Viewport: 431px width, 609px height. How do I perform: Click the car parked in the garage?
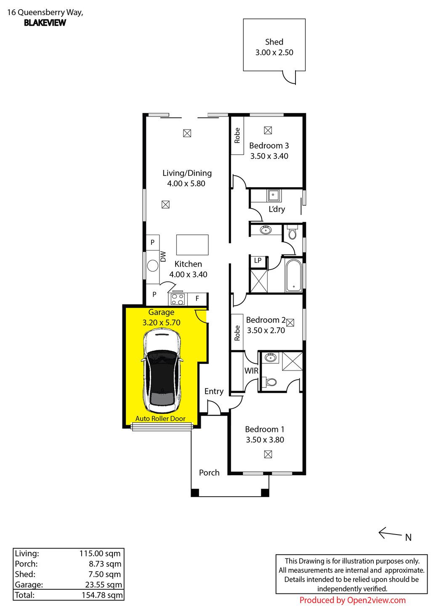[162, 371]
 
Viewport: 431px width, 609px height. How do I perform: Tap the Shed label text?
[274, 42]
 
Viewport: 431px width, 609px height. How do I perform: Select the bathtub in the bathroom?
[294, 275]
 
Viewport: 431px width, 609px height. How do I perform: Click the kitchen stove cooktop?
[177, 299]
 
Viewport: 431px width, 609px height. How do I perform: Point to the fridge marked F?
[197, 299]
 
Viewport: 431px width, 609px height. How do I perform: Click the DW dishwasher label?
[163, 257]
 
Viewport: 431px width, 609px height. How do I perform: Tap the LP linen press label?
[258, 260]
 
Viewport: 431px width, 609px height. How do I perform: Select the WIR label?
[251, 371]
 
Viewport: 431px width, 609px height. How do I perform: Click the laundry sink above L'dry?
[273, 195]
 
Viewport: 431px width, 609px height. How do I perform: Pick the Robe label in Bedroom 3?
[237, 135]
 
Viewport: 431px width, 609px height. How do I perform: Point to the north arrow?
[390, 533]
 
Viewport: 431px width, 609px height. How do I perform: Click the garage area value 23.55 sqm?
[104, 585]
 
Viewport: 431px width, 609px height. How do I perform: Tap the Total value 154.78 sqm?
[102, 595]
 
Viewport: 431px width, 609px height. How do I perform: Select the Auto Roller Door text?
[160, 418]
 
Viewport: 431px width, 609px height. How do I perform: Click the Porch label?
[209, 473]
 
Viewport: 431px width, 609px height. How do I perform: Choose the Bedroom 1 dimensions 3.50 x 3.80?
[265, 440]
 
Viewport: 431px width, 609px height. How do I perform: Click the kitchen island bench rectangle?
[192, 245]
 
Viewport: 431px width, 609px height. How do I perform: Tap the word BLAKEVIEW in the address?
[45, 23]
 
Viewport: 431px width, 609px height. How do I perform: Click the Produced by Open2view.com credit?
[352, 600]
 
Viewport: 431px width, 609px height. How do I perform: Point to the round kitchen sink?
[153, 266]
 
